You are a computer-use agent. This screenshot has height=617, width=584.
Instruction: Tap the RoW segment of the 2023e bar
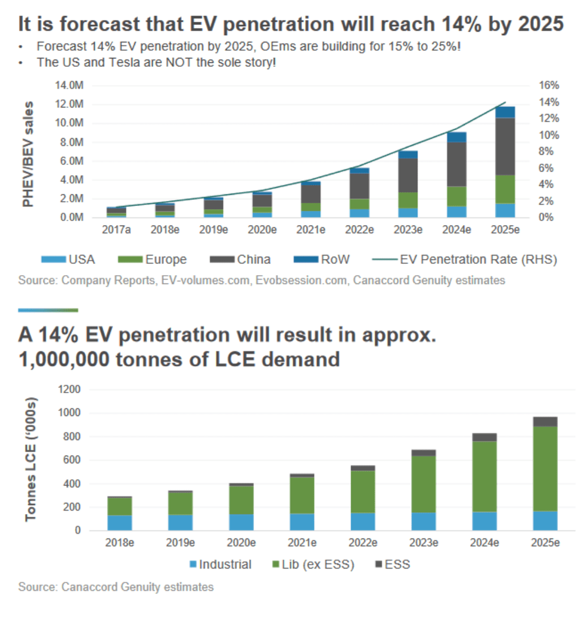click(x=408, y=154)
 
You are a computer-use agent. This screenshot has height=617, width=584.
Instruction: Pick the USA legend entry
click(x=68, y=259)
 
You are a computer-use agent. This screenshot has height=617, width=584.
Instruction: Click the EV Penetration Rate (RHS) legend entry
click(x=465, y=259)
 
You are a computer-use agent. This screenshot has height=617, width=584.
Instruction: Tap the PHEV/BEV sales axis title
click(x=27, y=154)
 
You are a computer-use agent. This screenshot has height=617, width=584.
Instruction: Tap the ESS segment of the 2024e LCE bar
click(x=484, y=437)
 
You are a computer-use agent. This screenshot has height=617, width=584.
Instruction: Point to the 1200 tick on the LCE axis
click(x=69, y=389)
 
